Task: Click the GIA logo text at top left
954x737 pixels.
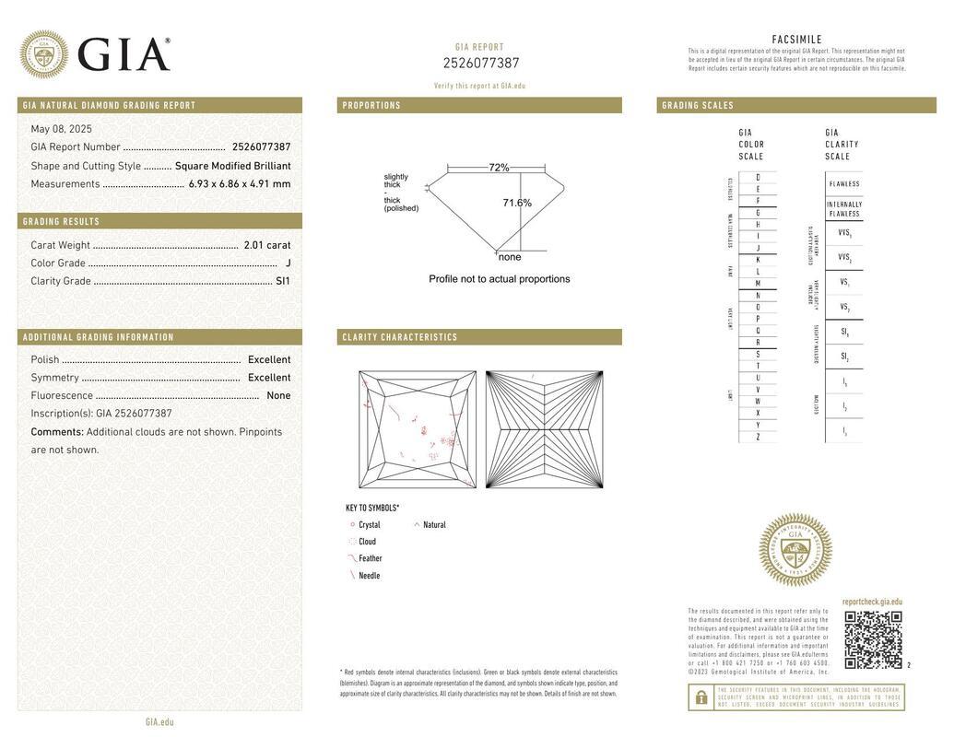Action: tap(124, 54)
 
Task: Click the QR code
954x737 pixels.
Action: tap(873, 639)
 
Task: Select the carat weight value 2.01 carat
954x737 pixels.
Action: tap(266, 245)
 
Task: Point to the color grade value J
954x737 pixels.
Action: tap(288, 263)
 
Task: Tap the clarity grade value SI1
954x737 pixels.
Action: tap(282, 281)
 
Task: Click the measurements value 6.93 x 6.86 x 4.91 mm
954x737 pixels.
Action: tap(239, 184)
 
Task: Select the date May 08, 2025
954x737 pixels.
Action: tap(61, 129)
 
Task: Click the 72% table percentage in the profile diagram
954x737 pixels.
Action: tap(499, 168)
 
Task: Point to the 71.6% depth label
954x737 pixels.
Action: tap(517, 203)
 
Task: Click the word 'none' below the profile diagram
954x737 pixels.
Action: tap(509, 257)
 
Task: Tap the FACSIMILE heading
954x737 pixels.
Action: tap(796, 40)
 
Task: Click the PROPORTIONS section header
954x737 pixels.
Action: tap(371, 106)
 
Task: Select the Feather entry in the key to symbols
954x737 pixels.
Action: tap(370, 558)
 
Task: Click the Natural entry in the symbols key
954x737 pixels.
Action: tap(434, 525)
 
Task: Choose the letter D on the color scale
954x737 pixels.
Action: tap(758, 177)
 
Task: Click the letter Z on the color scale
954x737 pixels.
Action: tap(758, 437)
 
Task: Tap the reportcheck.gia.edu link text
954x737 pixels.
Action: tap(872, 602)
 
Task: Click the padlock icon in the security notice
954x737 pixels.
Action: tap(701, 697)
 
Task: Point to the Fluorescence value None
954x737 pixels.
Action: tap(277, 396)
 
